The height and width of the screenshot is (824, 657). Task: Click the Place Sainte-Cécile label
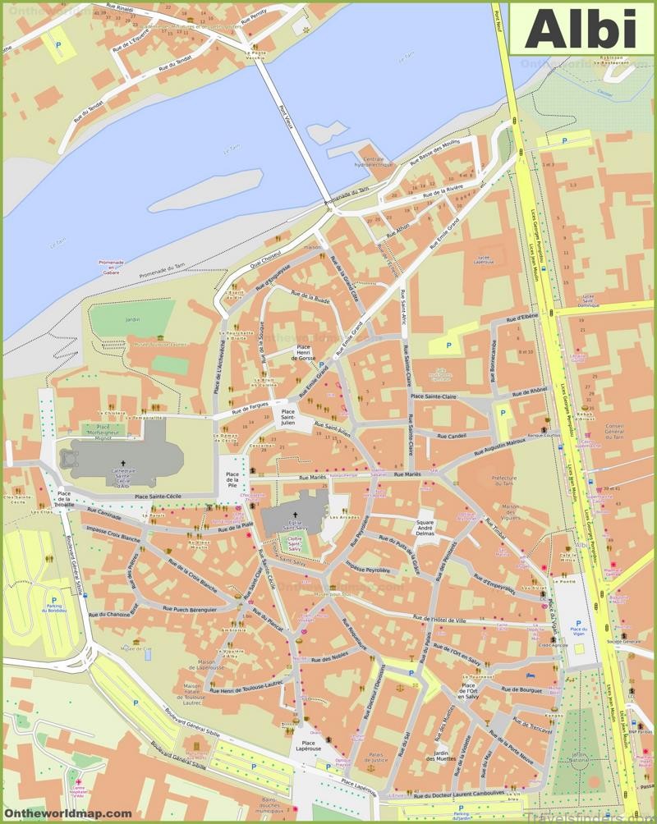pos(163,497)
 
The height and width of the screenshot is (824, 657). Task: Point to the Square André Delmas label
pos(425,529)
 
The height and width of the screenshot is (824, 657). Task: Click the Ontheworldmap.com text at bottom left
pos(67,813)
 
